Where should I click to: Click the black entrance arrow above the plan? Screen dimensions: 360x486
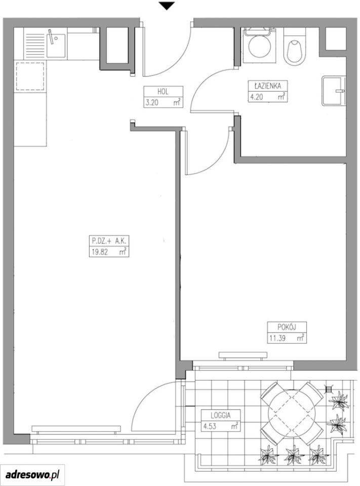coord(167,6)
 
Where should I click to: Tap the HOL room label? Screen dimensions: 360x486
coord(163,92)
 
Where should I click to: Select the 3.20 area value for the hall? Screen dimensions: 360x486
coord(152,103)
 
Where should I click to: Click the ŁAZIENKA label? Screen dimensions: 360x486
coord(268,86)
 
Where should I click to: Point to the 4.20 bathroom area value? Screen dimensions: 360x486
coord(257,97)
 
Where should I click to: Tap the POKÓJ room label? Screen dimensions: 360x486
coord(287,327)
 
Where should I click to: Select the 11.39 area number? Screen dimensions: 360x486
coord(277,338)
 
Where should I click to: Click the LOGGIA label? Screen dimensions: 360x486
coord(220,415)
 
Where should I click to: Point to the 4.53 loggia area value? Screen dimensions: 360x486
coord(210,426)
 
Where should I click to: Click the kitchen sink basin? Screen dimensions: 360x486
coord(56,46)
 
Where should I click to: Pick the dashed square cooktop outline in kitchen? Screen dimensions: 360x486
coord(30,76)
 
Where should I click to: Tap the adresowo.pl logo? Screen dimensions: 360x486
coord(32,474)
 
